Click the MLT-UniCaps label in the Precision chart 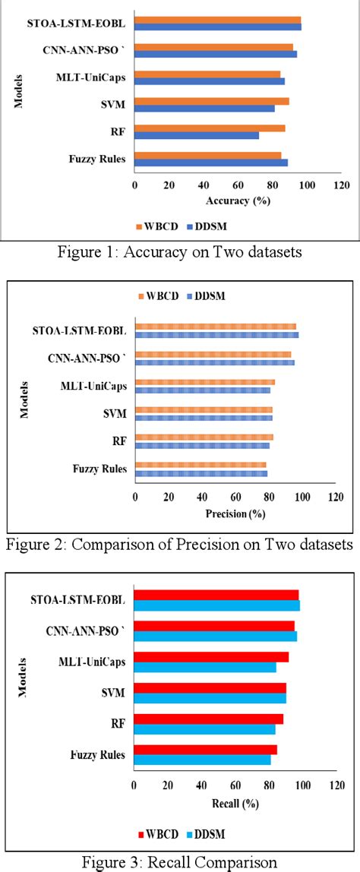tap(93, 386)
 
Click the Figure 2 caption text tap(179, 545)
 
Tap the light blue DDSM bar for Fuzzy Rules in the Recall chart tap(202, 760)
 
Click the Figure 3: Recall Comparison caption tap(179, 860)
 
